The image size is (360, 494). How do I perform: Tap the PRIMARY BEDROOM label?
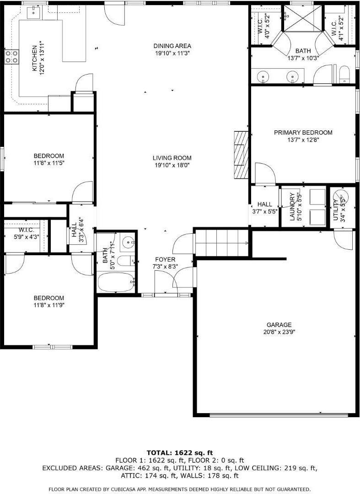point(303,133)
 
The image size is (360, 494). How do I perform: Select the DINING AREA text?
point(172,46)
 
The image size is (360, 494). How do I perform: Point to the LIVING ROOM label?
point(172,158)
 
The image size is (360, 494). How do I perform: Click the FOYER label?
point(165,259)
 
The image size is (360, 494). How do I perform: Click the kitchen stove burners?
point(11,56)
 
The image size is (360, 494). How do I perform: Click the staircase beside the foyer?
point(221,242)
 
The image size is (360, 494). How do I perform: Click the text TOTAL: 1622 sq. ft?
point(180,453)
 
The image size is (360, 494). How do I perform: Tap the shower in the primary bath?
point(303,18)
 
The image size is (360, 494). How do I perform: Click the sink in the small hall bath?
point(128,241)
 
